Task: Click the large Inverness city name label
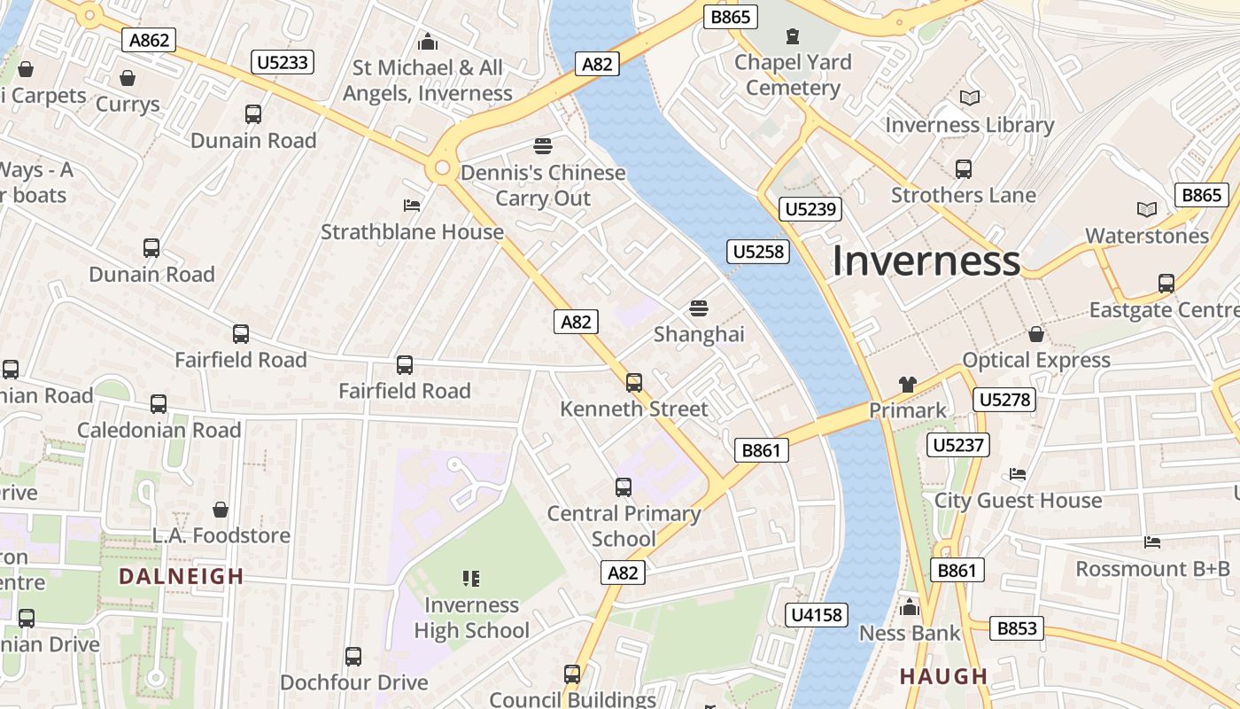click(926, 261)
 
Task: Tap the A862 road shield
click(149, 40)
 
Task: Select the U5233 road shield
click(283, 62)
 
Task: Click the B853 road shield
click(1017, 628)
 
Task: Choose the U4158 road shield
click(816, 614)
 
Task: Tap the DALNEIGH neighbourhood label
click(181, 576)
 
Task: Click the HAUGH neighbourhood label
click(943, 676)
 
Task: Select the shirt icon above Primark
click(908, 385)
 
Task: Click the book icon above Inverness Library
click(970, 98)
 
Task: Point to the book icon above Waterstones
click(1147, 210)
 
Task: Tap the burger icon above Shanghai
click(699, 308)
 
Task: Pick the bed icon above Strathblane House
click(412, 206)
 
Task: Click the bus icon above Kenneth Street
click(634, 383)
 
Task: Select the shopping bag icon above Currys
click(128, 78)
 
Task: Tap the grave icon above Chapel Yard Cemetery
click(792, 36)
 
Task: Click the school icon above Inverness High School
click(471, 579)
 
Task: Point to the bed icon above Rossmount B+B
click(1152, 542)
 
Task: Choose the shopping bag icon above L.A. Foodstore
click(221, 510)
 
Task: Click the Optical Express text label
click(1036, 361)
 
